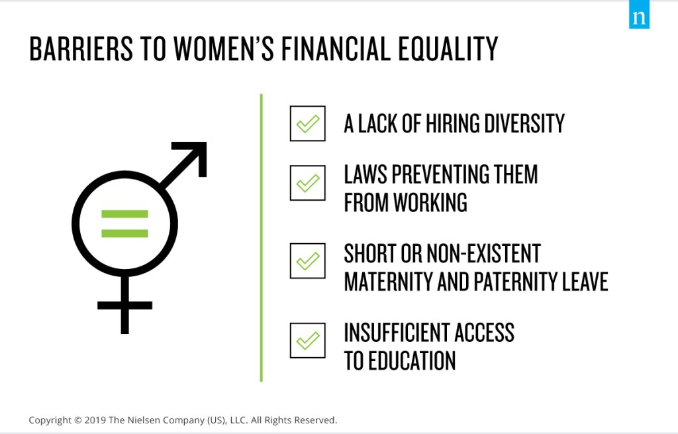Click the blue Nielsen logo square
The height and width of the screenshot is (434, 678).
point(639,15)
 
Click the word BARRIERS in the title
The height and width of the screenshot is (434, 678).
point(81,48)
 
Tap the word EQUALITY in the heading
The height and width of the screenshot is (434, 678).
point(448,48)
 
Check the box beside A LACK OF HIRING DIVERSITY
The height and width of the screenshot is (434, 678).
point(307,123)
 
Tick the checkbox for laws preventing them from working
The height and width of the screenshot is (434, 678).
point(307,183)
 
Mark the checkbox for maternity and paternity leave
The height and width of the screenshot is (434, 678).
point(307,261)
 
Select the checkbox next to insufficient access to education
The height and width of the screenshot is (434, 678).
point(307,341)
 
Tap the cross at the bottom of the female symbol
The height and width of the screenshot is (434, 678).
point(125,305)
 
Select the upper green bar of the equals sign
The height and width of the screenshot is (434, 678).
point(124,214)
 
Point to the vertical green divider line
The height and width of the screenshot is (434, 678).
point(261,238)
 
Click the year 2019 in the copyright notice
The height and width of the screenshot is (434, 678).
point(95,420)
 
